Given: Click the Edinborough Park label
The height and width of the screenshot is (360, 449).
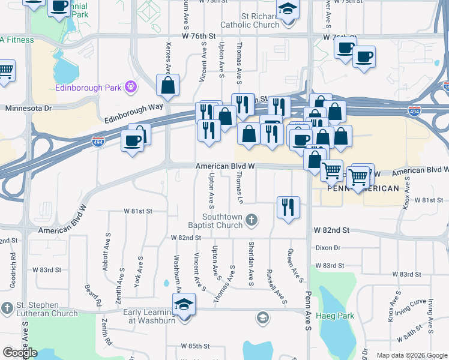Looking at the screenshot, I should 89,88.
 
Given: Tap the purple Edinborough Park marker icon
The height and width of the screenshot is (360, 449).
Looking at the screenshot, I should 130,88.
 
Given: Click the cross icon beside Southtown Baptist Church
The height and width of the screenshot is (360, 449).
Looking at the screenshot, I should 253,221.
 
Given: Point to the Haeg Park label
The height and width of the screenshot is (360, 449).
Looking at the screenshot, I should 339,316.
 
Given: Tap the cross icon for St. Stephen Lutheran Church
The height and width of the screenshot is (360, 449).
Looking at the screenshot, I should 7,308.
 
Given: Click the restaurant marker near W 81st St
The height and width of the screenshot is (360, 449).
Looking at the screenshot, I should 288,208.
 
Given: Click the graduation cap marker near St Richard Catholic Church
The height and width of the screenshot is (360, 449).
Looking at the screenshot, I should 288,10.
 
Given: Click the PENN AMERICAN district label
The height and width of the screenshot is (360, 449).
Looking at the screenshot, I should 363,188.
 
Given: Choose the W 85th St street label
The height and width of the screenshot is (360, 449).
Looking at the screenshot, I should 196,346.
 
